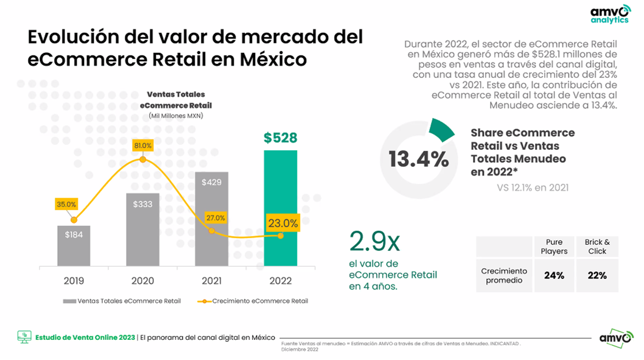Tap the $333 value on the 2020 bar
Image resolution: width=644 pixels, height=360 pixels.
tap(142, 205)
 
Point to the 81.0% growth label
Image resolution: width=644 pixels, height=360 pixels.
tap(142, 146)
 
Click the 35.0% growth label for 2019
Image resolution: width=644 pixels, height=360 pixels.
tap(66, 205)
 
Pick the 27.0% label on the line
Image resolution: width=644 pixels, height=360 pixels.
tap(215, 217)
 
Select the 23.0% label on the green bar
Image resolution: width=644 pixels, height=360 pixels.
tap(282, 223)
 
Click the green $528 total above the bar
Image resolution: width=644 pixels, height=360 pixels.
tap(280, 138)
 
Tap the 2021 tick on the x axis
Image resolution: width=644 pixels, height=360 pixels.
tap(211, 281)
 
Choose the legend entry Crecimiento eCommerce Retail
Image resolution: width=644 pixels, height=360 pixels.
tap(254, 301)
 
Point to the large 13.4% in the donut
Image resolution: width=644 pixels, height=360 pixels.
tap(419, 160)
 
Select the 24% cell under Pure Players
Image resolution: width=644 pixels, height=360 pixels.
tap(554, 275)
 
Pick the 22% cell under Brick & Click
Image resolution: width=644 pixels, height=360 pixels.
tap(597, 275)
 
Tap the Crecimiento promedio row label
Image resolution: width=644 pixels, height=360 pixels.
tap(503, 275)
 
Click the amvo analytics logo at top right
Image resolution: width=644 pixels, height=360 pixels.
tap(609, 15)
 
